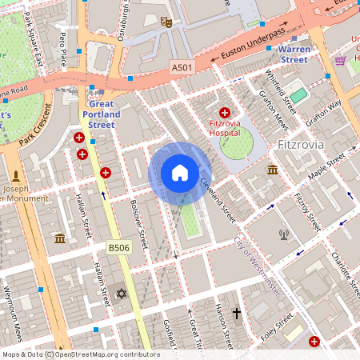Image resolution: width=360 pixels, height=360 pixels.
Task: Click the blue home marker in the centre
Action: coord(180,173)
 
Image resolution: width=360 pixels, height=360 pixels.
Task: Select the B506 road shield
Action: coord(119,249)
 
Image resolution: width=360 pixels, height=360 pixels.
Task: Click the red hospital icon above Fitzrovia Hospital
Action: coord(225,114)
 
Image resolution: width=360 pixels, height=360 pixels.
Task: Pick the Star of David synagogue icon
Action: coord(122,294)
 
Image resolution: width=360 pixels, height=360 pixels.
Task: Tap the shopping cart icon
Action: coord(340,60)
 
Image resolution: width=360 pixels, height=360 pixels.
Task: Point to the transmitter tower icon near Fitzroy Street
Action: coord(282,234)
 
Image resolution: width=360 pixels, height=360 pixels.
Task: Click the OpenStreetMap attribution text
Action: coord(80,354)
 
